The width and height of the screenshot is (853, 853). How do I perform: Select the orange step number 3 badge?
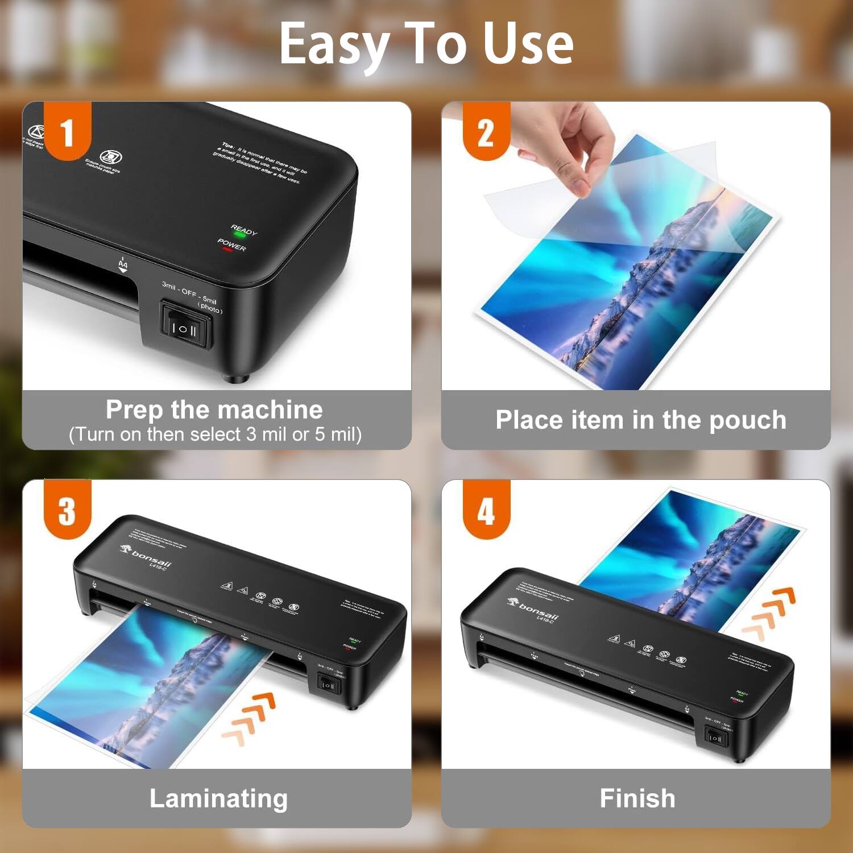68,510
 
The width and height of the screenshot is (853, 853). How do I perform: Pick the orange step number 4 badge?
486,510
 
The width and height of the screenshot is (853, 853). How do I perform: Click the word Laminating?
218,798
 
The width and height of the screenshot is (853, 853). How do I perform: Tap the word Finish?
637,798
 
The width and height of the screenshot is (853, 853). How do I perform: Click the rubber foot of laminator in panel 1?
234,377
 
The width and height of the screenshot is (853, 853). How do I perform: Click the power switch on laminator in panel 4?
714,738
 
